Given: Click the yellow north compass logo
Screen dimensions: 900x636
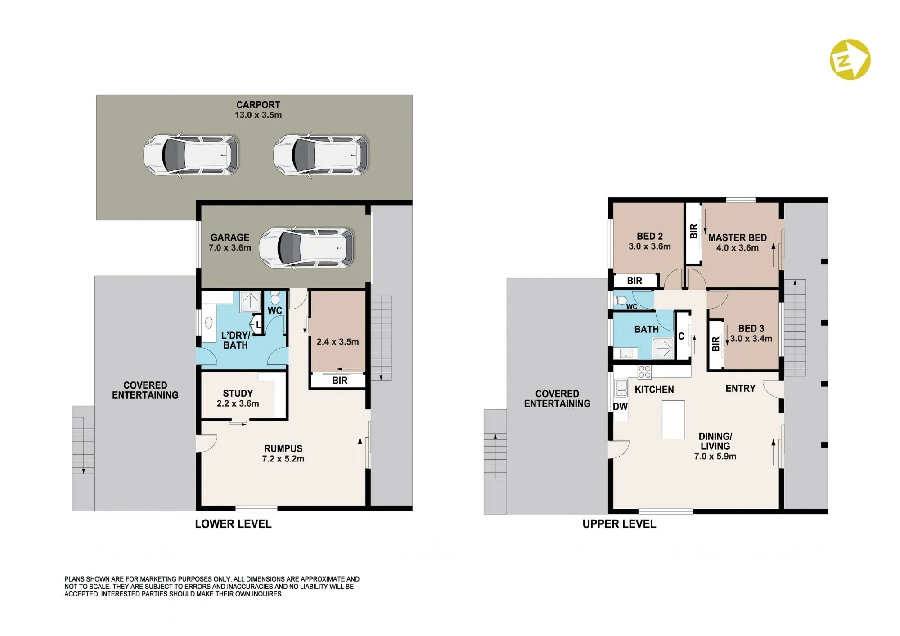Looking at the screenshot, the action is pyautogui.click(x=850, y=59).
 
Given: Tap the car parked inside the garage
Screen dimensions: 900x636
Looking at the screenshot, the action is pyautogui.click(x=307, y=248).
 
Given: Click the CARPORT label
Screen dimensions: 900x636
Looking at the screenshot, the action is pyautogui.click(x=258, y=105).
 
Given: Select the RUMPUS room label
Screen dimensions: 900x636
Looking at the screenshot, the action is pyautogui.click(x=283, y=448).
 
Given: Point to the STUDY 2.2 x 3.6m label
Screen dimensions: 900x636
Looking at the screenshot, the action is pyautogui.click(x=238, y=399).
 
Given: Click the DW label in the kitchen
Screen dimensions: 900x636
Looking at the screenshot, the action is pyautogui.click(x=620, y=407).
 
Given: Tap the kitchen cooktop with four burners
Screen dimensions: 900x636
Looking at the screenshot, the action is pyautogui.click(x=644, y=372).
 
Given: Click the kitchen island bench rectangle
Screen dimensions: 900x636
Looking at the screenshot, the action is pyautogui.click(x=673, y=420).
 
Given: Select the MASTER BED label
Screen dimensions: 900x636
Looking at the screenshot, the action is pyautogui.click(x=738, y=237).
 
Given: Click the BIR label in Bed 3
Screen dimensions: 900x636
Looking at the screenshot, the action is pyautogui.click(x=715, y=344).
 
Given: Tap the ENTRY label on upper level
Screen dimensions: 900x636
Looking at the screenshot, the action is pyautogui.click(x=740, y=388).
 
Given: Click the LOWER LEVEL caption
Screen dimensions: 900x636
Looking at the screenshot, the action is pyautogui.click(x=233, y=524).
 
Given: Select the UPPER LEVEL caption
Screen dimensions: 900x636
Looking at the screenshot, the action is pyautogui.click(x=619, y=524).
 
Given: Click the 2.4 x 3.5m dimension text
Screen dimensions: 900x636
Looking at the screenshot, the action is pyautogui.click(x=337, y=342).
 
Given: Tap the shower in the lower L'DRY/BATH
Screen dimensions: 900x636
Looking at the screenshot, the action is pyautogui.click(x=250, y=301).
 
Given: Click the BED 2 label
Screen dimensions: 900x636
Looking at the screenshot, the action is pyautogui.click(x=649, y=236).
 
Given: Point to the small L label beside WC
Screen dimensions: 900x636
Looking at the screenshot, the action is pyautogui.click(x=258, y=324).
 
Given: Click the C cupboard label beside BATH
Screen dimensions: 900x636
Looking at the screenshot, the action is pyautogui.click(x=681, y=336).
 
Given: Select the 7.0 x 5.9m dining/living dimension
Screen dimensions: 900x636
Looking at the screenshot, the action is pyautogui.click(x=715, y=456).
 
